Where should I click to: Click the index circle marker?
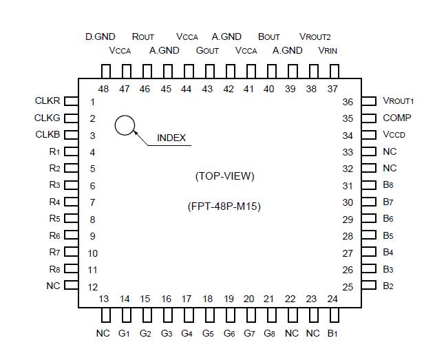(125, 125)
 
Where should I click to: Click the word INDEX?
(171, 138)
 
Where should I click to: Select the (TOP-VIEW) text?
(225, 176)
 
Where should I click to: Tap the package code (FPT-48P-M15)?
(224, 207)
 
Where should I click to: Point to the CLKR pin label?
(47, 101)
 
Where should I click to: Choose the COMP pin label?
(396, 118)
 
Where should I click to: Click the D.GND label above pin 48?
(100, 36)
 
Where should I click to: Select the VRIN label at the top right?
(328, 50)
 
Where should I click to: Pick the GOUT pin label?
(207, 50)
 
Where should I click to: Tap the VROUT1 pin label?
(399, 101)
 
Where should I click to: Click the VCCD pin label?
(395, 135)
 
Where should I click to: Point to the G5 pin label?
(207, 334)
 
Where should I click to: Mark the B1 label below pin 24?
(332, 334)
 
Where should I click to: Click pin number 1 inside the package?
(92, 102)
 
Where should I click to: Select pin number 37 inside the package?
(332, 89)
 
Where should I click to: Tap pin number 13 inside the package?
(104, 299)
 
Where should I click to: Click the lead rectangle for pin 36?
(368, 101)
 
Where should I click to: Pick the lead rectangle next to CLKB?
(71, 135)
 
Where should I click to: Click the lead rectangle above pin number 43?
(208, 72)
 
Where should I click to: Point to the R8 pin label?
(54, 269)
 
